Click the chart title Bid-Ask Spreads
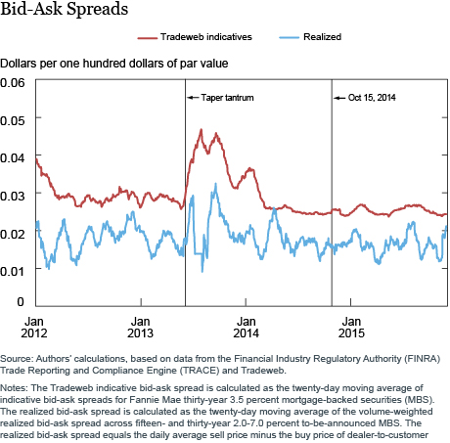(65, 9)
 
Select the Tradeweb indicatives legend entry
(195, 37)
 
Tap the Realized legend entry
(310, 37)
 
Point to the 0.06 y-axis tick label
(13, 83)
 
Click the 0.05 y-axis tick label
(13, 120)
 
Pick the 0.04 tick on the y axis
(13, 158)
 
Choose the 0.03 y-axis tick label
(13, 196)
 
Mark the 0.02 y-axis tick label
(13, 234)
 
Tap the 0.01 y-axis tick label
(13, 271)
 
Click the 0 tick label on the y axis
(21, 301)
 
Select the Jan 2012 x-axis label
(34, 328)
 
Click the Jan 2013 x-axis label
(140, 328)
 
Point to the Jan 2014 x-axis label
(246, 328)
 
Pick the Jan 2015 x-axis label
(351, 328)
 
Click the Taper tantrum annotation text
(227, 98)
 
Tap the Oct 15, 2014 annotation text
(372, 98)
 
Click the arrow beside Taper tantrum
(193, 98)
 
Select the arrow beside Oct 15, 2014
(339, 98)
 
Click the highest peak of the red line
(201, 130)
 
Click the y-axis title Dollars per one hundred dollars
(113, 64)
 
